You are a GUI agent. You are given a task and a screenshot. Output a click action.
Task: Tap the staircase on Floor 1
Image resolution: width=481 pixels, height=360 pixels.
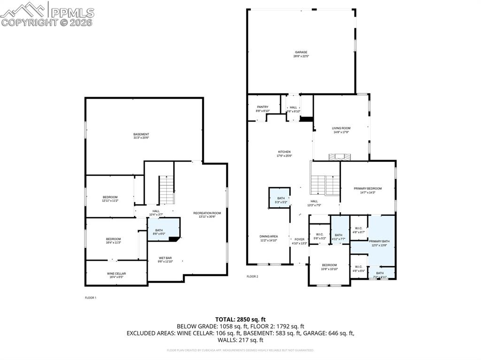pos(166,190)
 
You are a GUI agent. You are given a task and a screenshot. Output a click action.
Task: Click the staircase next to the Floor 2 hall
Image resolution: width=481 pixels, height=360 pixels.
pos(325,184)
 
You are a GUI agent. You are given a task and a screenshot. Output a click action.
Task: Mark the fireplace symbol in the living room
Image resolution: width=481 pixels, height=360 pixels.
pos(340,157)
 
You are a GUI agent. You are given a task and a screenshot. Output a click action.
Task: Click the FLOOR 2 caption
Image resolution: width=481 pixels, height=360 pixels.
pos(252,276)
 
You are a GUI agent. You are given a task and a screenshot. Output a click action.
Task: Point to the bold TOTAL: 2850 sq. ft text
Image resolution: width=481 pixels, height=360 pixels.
pos(240,319)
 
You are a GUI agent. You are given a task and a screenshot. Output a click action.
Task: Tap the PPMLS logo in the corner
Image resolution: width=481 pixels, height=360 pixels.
pos(47,14)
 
